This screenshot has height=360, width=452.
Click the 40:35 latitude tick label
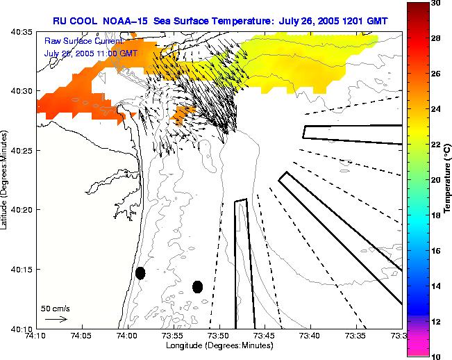[x=23, y=32]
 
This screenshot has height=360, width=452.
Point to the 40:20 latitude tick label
[x=23, y=210]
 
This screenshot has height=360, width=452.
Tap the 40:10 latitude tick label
[x=23, y=328]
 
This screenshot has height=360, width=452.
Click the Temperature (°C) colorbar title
[x=448, y=179]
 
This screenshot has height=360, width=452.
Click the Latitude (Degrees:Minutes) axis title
[x=5, y=180]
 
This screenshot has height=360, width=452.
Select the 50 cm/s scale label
[x=56, y=309]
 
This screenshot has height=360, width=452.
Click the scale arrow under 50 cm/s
[x=56, y=319]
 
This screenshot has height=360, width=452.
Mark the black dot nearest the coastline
[x=140, y=273]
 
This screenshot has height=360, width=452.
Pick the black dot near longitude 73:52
[x=197, y=286]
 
